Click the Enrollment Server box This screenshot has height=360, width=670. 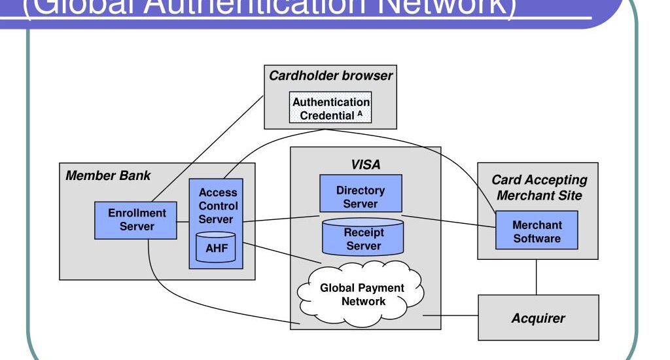point(137,220)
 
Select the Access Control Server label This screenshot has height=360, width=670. point(218,206)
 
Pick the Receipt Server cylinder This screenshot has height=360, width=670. point(364,238)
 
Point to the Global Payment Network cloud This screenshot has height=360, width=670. point(362,294)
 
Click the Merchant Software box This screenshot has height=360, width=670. point(537,230)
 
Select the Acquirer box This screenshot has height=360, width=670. point(538,318)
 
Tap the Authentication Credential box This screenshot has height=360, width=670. point(330,109)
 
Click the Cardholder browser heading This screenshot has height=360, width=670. point(330,75)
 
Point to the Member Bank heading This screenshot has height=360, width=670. point(108,175)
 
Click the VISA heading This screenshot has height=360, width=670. point(365,165)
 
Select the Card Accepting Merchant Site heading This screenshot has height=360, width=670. point(539,187)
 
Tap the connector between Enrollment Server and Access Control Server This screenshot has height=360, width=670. point(183,221)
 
